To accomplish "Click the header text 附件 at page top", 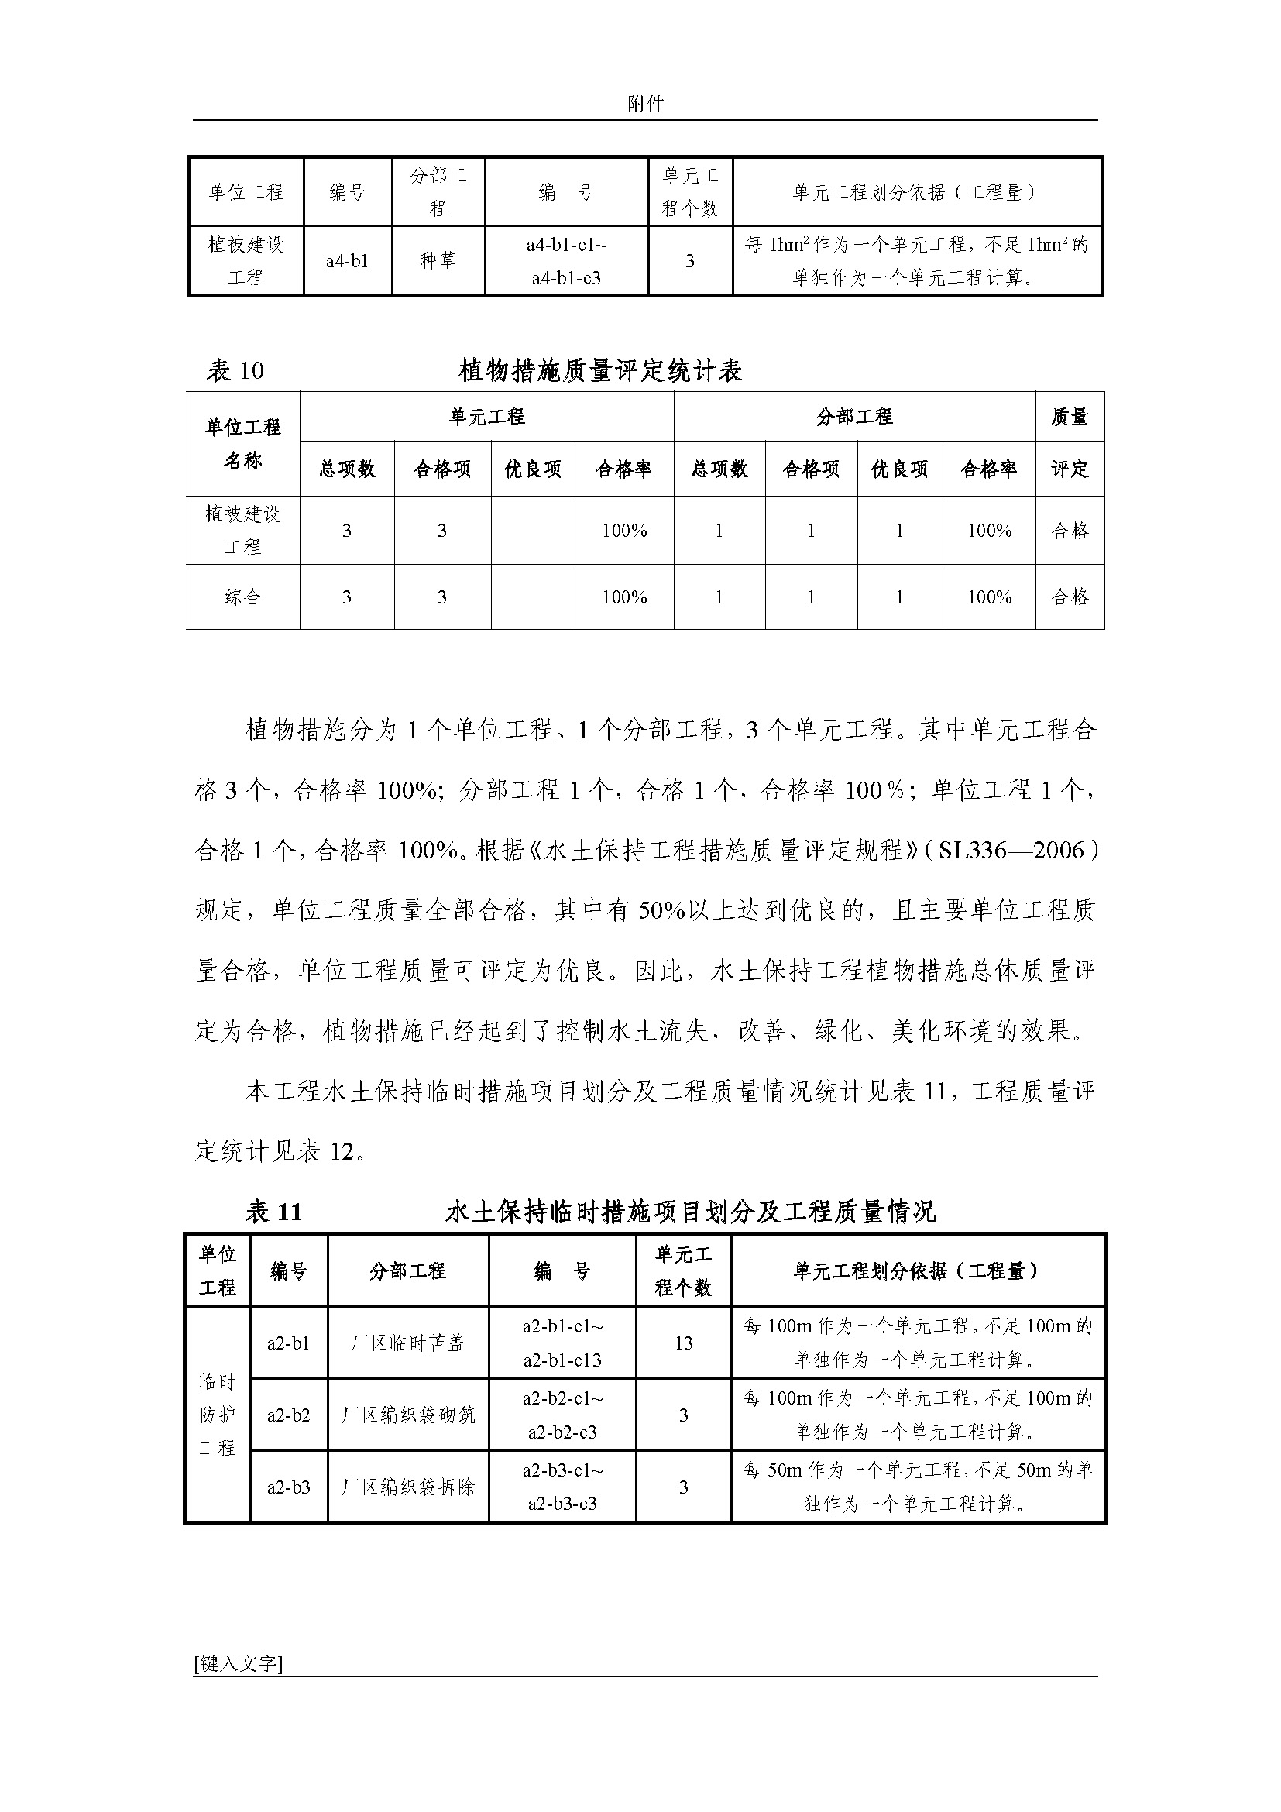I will pyautogui.click(x=645, y=103).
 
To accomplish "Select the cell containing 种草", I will pyautogui.click(x=438, y=260).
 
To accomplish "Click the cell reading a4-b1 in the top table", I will pyautogui.click(x=347, y=261).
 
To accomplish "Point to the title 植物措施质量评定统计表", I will pyautogui.click(x=600, y=370).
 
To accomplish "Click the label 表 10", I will pyautogui.click(x=235, y=370).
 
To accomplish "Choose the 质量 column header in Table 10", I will pyautogui.click(x=1070, y=417).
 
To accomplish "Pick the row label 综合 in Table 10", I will pyautogui.click(x=243, y=597).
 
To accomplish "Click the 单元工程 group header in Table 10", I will pyautogui.click(x=486, y=417).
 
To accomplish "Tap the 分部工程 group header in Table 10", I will pyautogui.click(x=854, y=417).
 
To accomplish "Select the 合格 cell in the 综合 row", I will pyautogui.click(x=1070, y=597).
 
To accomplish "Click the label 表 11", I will pyautogui.click(x=273, y=1212).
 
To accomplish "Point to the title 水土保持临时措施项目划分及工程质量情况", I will pyautogui.click(x=690, y=1212).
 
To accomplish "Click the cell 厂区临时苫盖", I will pyautogui.click(x=408, y=1343).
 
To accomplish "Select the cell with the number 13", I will pyautogui.click(x=683, y=1343).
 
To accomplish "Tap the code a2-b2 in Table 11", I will pyautogui.click(x=288, y=1415).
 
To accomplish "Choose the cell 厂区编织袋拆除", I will pyautogui.click(x=408, y=1487).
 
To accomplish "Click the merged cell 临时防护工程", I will pyautogui.click(x=217, y=1415).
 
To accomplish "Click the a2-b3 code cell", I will pyautogui.click(x=288, y=1487).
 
